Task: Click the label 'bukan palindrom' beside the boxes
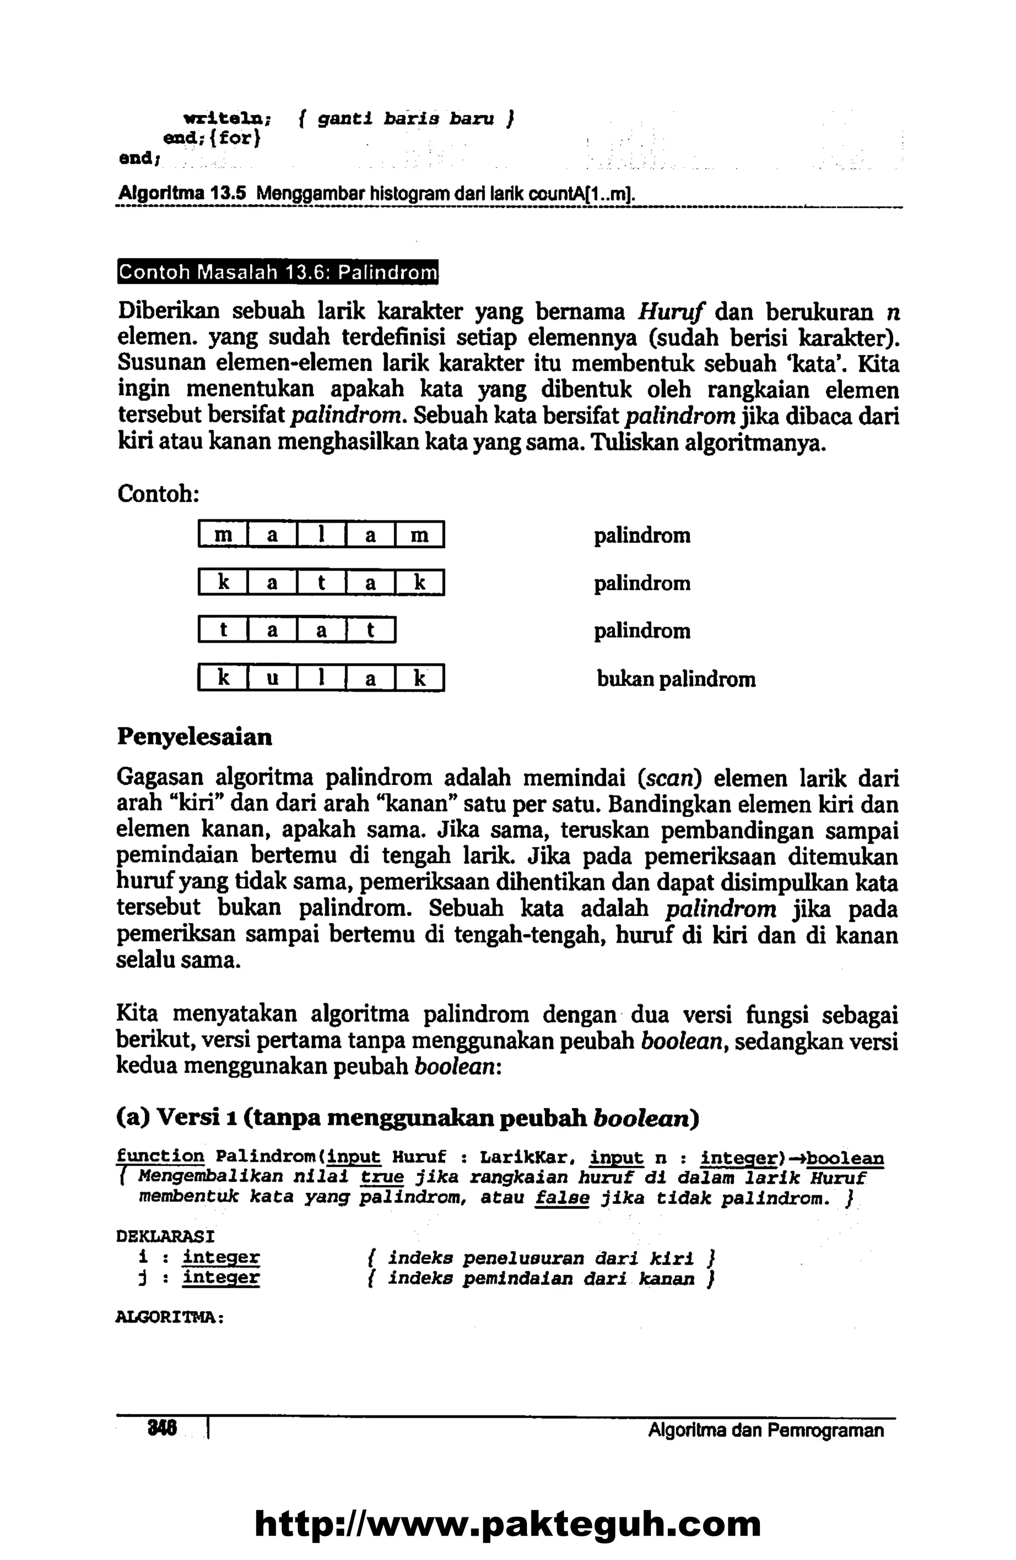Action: pos(676,679)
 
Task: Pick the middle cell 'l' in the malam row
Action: pos(321,535)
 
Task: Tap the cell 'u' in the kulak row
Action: pos(272,679)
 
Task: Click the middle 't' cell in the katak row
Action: pos(321,582)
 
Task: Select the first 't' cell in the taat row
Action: pos(224,631)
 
